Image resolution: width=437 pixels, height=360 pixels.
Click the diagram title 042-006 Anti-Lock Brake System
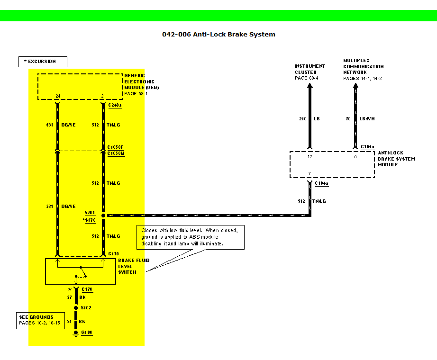point(218,34)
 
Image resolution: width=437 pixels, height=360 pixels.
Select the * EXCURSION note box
point(43,62)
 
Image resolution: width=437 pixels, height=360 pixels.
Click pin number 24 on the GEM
point(58,96)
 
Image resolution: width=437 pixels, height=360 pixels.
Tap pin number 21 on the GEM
point(103,96)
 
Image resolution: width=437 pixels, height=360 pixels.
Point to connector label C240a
point(115,105)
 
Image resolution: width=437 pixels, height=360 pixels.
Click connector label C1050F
point(116,147)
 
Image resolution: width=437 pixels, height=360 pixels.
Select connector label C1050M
point(116,153)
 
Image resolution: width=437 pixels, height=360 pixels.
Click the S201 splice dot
point(103,215)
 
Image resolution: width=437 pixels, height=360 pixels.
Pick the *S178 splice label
point(90,220)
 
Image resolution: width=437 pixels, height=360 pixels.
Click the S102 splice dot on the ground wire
point(75,308)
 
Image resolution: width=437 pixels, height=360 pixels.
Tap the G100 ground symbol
point(75,333)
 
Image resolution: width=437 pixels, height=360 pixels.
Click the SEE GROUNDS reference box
point(40,320)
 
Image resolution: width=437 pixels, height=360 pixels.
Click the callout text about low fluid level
point(191,237)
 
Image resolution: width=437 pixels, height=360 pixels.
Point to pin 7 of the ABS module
point(309,174)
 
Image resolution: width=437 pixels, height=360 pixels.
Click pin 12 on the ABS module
point(310,156)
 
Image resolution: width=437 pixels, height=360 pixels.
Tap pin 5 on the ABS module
point(355,156)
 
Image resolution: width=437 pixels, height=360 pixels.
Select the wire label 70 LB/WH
point(360,119)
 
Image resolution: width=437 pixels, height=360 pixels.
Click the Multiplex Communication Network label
point(364,69)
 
